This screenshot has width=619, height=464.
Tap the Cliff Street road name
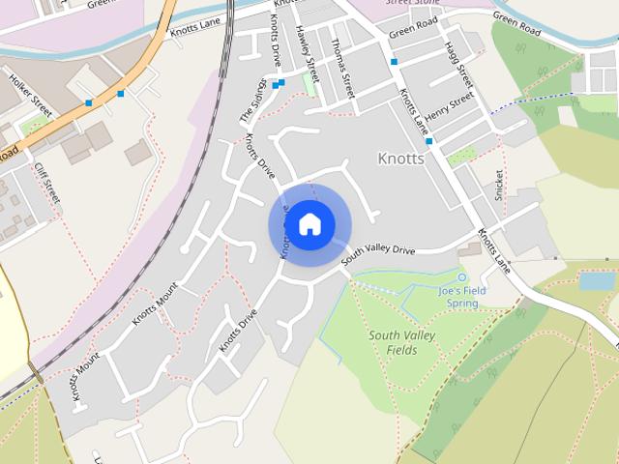pos(46,184)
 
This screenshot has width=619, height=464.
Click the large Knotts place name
pos(400,158)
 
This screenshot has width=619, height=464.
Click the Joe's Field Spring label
pos(462,297)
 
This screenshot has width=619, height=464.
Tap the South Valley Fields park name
pos(401,342)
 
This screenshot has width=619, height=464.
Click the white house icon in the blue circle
pos(309,225)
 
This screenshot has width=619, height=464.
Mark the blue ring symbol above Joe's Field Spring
pos(461,278)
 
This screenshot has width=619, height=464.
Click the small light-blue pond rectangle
pos(596,281)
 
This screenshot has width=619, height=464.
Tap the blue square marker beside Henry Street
pos(428,141)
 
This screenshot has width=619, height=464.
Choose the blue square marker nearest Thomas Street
pos(394,62)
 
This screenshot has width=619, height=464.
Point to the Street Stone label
pos(413,3)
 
